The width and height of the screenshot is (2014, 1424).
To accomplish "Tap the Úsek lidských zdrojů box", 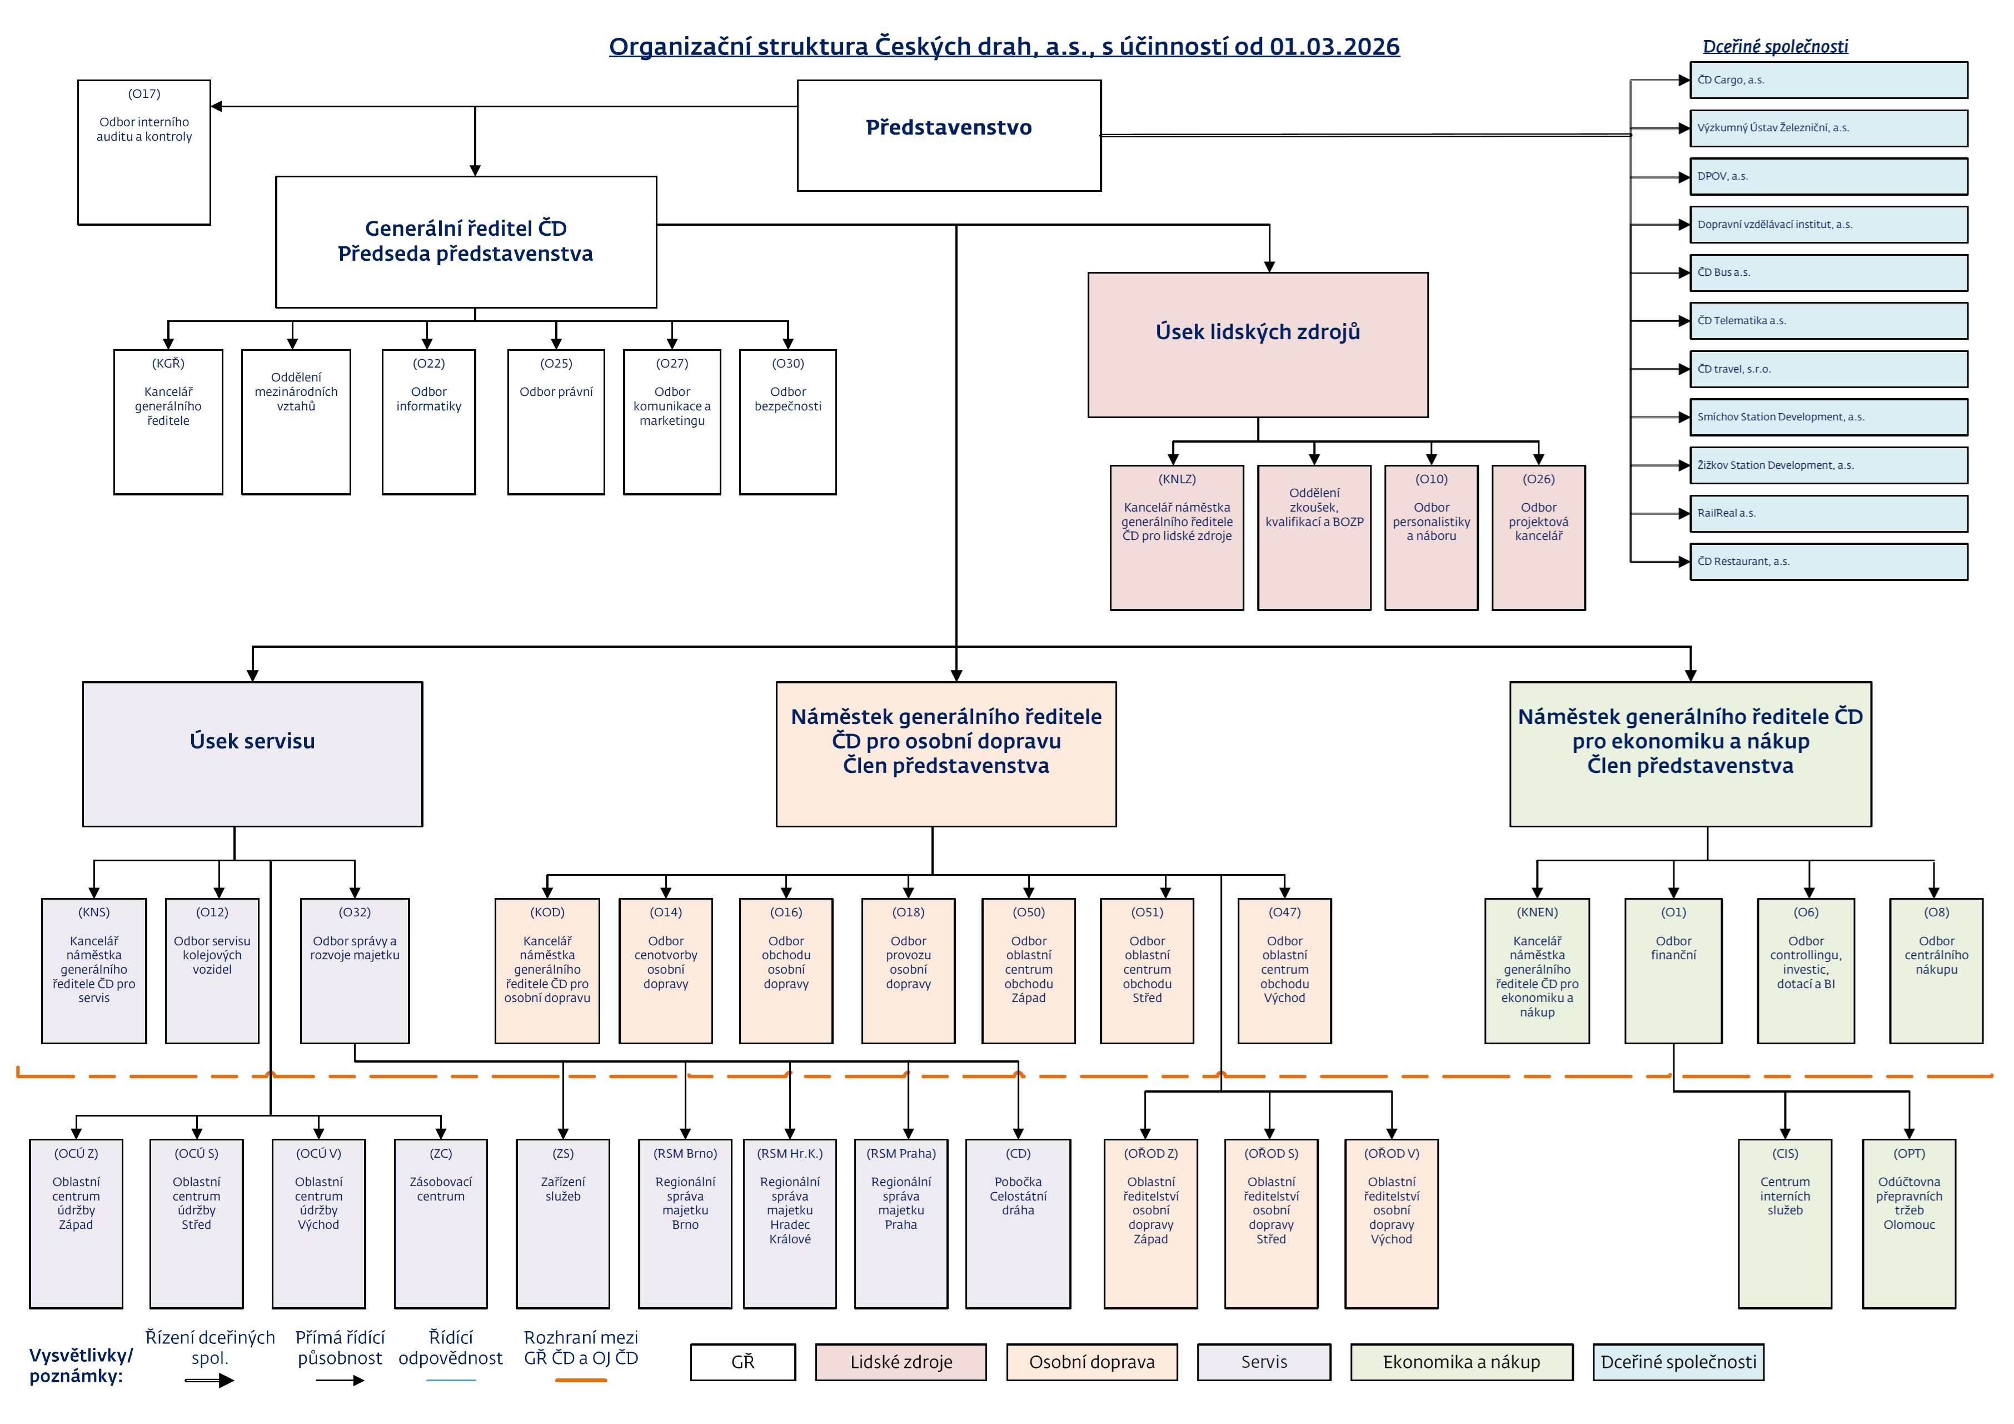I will tap(1257, 344).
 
